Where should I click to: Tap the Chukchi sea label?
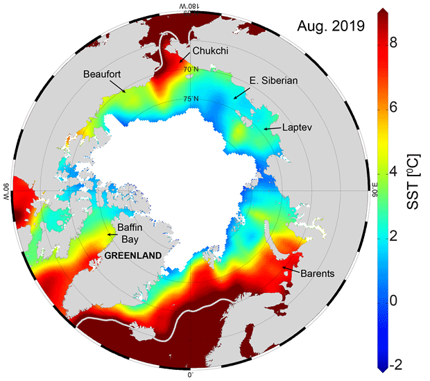pyautogui.click(x=212, y=51)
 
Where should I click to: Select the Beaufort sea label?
pyautogui.click(x=102, y=74)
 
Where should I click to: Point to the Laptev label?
pyautogui.click(x=299, y=128)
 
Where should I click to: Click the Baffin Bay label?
pyautogui.click(x=128, y=230)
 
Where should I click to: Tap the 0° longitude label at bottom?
pyautogui.click(x=191, y=375)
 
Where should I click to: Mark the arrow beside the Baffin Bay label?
pyautogui.click(x=111, y=235)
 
